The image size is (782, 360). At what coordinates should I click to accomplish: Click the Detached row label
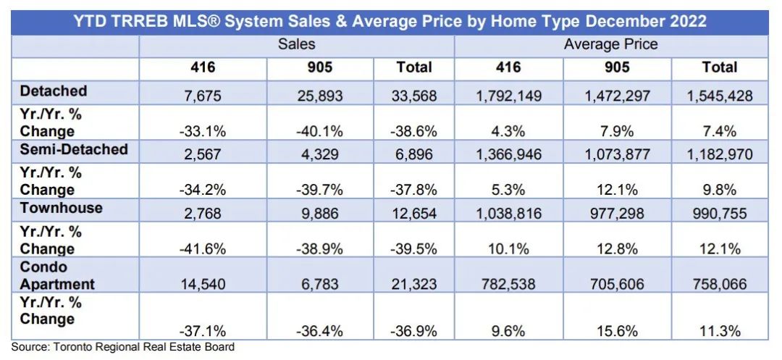tap(54, 91)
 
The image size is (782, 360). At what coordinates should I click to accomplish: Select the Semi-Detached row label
tap(75, 150)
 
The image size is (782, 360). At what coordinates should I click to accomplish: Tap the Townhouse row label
tap(62, 209)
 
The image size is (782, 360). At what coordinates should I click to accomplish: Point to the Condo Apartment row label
tap(58, 276)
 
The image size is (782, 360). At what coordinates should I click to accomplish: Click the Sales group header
tap(297, 44)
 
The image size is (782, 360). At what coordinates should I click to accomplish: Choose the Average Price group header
tap(610, 44)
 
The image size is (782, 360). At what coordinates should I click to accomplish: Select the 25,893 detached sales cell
tap(320, 95)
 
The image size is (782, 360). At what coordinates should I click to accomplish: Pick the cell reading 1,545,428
tap(719, 95)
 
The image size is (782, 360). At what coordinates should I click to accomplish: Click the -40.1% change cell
tap(320, 132)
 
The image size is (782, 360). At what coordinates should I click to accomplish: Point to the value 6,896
tap(414, 154)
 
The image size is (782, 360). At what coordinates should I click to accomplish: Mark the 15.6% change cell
tap(617, 331)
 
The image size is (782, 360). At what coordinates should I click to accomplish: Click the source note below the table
tap(123, 348)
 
